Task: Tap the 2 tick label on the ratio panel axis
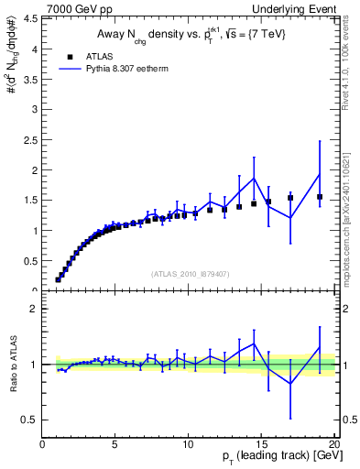[x=34, y=309]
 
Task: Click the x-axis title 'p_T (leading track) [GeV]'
[x=275, y=459]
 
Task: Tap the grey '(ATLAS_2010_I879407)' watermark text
[x=189, y=272]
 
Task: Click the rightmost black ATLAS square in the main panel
[x=320, y=197]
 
